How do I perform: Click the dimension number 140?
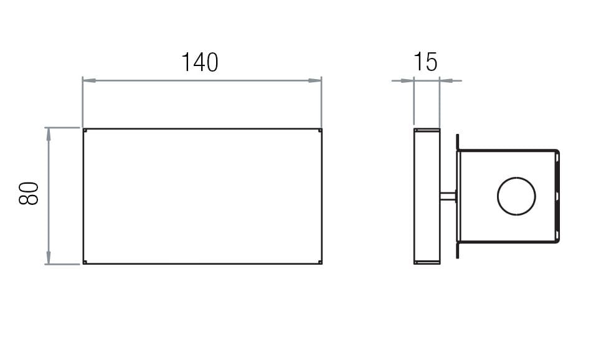(x=200, y=62)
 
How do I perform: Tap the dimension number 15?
(x=425, y=62)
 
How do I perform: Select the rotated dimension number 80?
(x=29, y=194)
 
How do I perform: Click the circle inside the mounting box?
(x=516, y=196)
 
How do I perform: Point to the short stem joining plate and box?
(x=448, y=196)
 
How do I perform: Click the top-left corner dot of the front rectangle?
(x=85, y=130)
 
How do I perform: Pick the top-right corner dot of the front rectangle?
(x=320, y=130)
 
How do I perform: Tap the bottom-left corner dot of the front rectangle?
(x=85, y=262)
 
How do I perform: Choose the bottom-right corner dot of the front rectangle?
(x=320, y=262)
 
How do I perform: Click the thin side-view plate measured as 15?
(x=427, y=196)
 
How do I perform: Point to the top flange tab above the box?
(x=458, y=141)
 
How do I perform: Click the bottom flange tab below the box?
(x=458, y=250)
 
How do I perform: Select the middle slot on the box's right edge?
(x=557, y=196)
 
